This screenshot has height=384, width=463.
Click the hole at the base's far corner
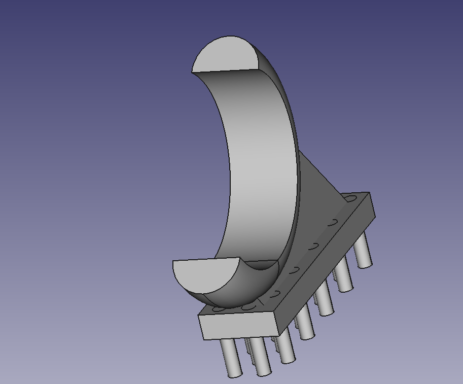[x=351, y=198]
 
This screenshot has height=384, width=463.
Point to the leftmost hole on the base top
[x=219, y=308]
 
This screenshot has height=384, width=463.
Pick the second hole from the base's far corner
[x=333, y=222]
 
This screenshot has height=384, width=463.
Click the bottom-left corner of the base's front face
[x=204, y=339]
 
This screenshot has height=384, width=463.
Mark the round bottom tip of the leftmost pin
[x=234, y=375]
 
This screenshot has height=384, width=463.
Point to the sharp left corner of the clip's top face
[x=192, y=72]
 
